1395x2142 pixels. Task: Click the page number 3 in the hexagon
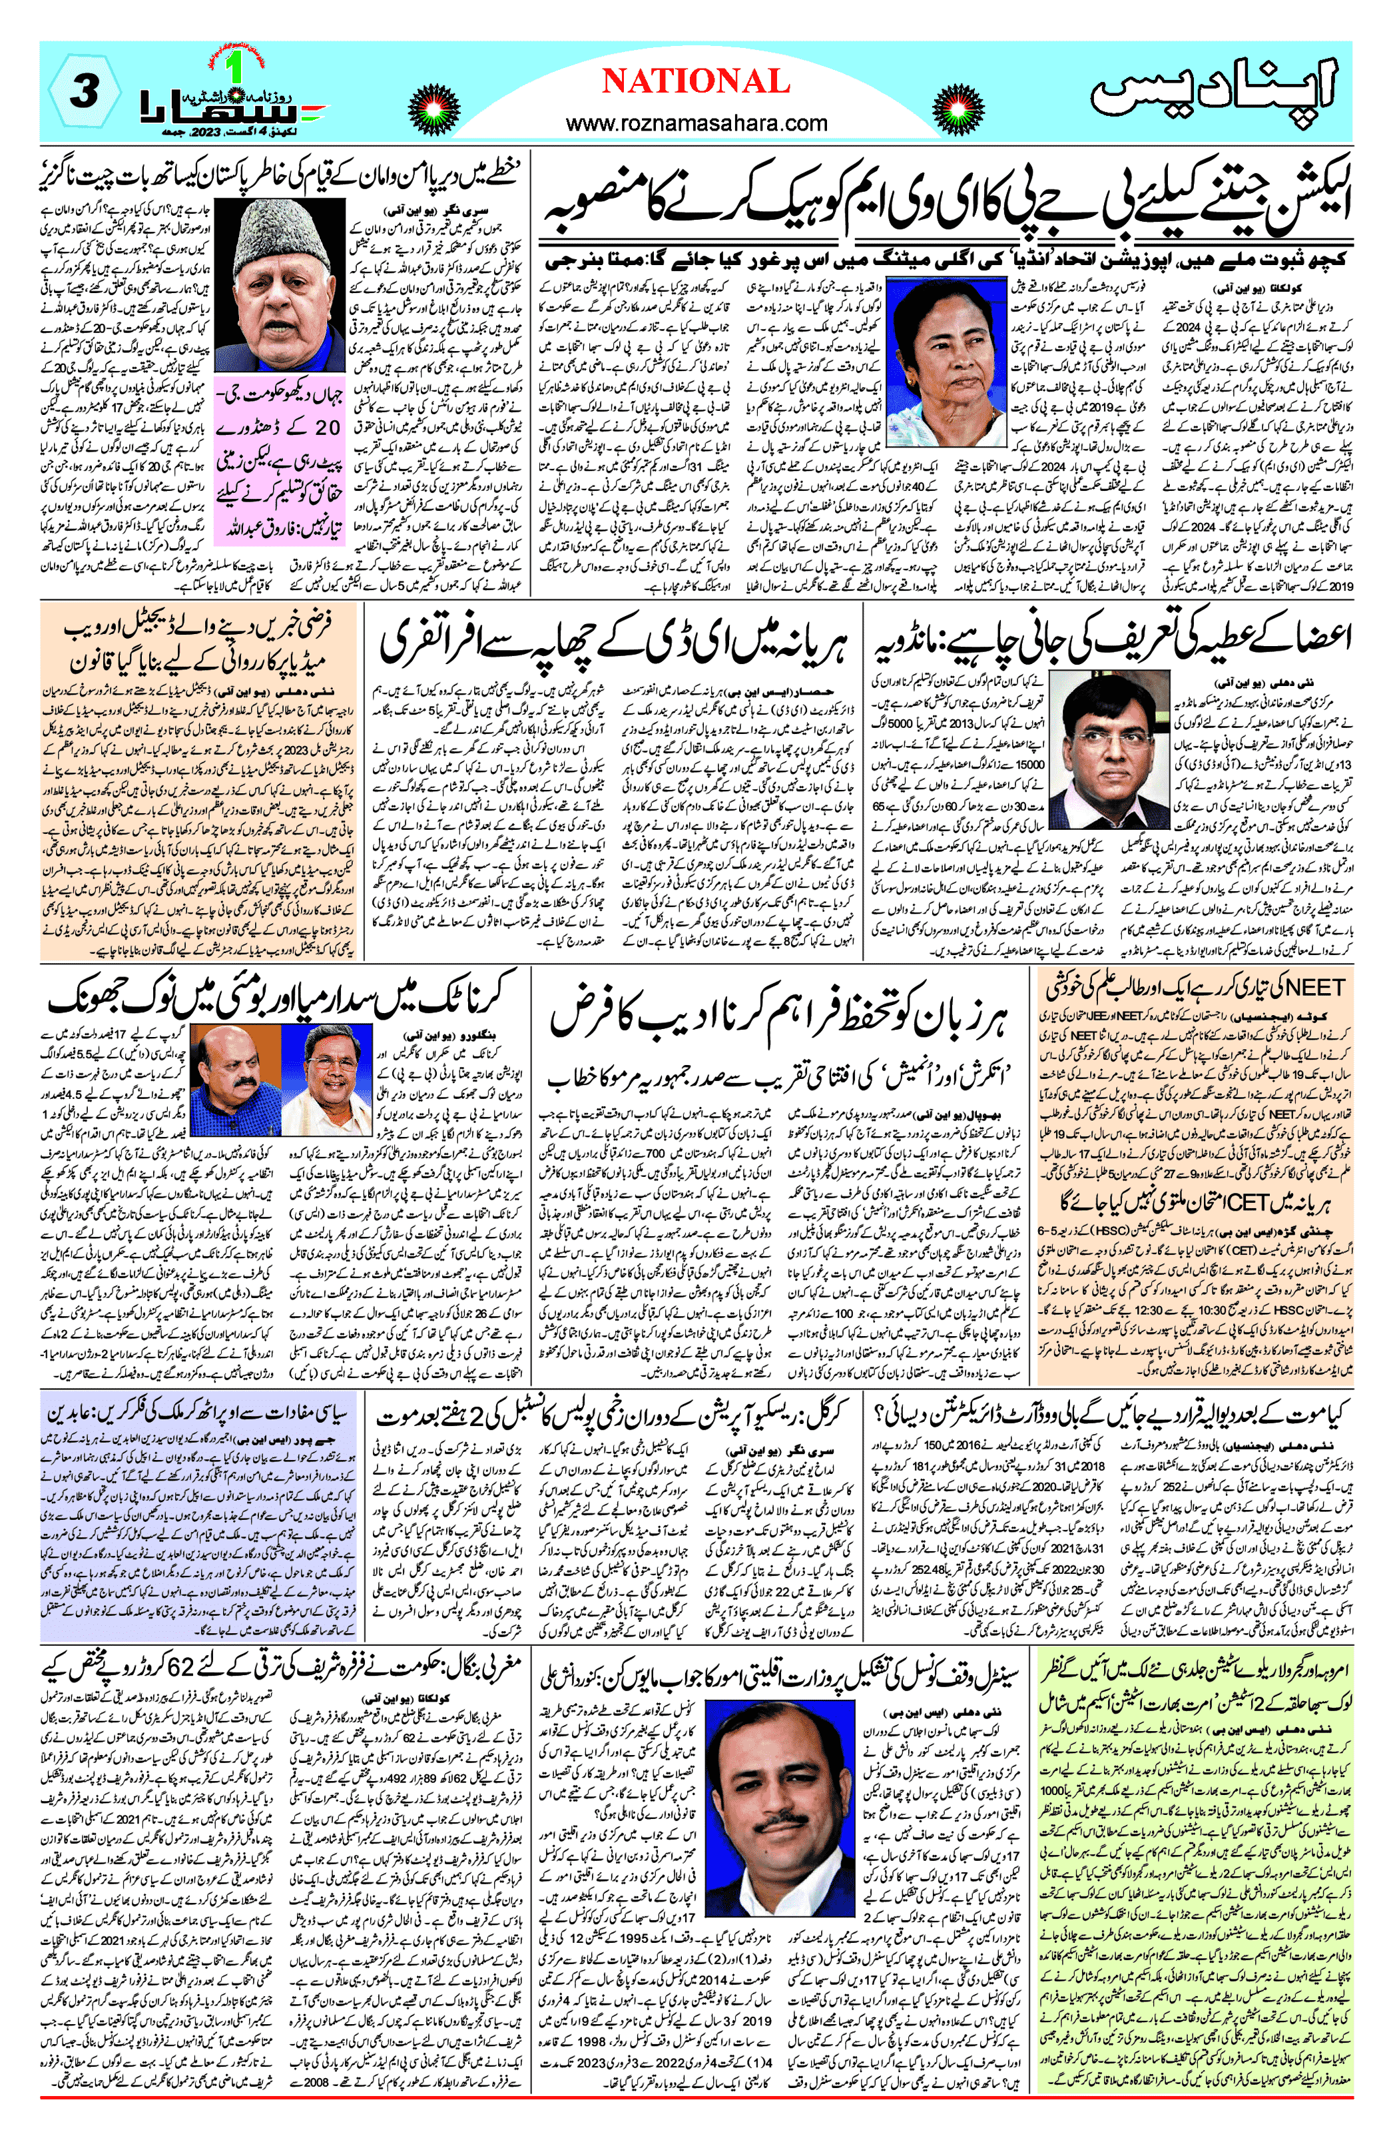point(83,93)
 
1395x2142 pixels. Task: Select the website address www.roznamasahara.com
point(697,123)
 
